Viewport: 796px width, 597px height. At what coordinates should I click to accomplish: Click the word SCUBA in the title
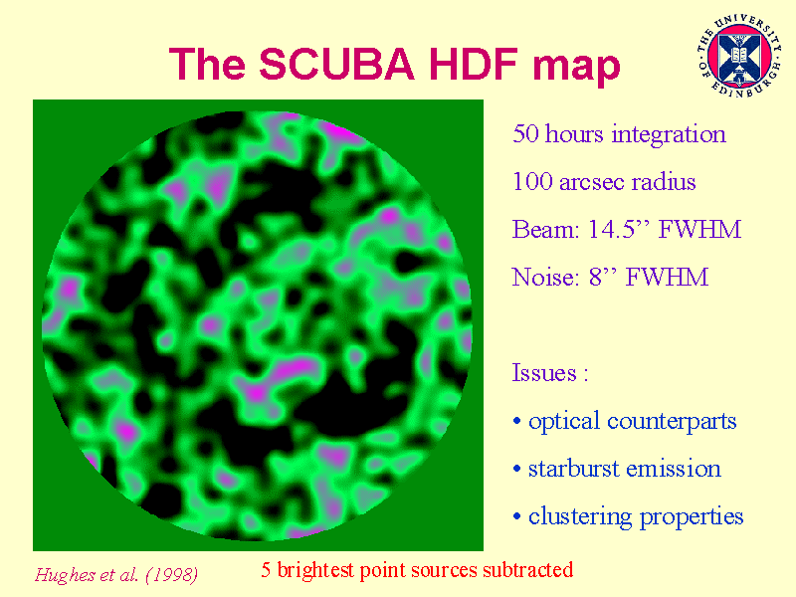point(336,64)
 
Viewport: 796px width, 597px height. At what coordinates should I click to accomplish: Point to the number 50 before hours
point(525,134)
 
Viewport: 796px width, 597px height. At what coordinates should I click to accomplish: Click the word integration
point(669,135)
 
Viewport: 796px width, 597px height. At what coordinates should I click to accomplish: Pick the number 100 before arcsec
point(532,182)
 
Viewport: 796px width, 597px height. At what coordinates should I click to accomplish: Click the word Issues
point(544,373)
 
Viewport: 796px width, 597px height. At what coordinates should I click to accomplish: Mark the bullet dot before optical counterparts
point(516,421)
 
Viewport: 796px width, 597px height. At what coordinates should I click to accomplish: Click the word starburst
point(573,468)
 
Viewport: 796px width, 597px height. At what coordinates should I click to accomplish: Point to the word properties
point(691,517)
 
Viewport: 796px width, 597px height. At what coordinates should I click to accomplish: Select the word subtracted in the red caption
point(528,569)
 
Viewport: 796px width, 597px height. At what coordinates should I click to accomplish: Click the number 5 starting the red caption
point(266,570)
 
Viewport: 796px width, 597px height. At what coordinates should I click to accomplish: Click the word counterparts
point(672,422)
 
